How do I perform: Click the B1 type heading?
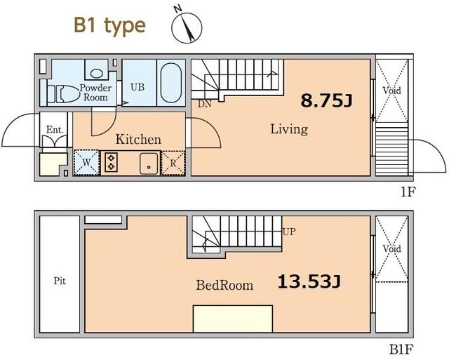tap(109, 26)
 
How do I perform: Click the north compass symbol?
tap(187, 26)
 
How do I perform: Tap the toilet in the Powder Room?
tap(63, 94)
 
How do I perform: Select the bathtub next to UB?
tap(171, 83)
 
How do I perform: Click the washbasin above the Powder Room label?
tap(97, 73)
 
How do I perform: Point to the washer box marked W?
tap(86, 163)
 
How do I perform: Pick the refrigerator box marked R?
tap(173, 163)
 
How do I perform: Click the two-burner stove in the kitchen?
tap(111, 162)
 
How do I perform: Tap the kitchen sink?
tap(149, 164)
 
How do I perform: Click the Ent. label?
tap(55, 130)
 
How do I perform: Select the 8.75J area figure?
tap(326, 100)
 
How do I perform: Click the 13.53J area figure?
tap(309, 281)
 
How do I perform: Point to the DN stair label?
tap(204, 104)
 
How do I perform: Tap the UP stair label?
tap(289, 232)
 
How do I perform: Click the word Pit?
tap(60, 281)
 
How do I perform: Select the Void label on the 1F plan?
tap(391, 91)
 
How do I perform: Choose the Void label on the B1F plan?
tap(391, 248)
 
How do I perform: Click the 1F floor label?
tap(408, 192)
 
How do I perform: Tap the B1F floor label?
tap(401, 349)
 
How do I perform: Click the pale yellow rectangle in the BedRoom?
tap(233, 319)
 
